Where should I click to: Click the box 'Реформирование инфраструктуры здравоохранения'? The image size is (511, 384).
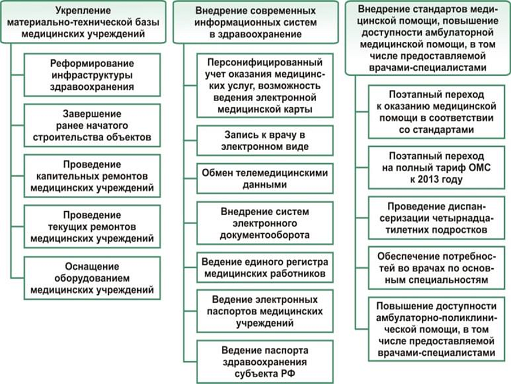pos(92,75)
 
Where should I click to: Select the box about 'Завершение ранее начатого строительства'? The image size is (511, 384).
pos(92,125)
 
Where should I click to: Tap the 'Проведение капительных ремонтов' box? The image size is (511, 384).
pos(92,176)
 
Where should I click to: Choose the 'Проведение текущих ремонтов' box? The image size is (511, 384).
pos(92,226)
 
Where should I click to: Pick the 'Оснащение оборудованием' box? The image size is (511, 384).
pos(92,278)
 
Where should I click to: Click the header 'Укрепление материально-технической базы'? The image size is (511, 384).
pos(84,22)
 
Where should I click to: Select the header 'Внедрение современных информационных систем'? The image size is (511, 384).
pos(256,22)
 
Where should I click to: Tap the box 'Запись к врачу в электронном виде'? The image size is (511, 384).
pos(265,141)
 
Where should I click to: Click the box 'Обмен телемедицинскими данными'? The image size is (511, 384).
pos(265,178)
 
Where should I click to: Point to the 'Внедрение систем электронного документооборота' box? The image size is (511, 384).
pos(265,223)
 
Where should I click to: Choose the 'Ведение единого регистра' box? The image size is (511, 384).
pos(265,268)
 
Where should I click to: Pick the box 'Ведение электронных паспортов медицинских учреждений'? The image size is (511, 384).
pos(265,311)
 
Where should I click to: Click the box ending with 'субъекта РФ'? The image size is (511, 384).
pos(265,362)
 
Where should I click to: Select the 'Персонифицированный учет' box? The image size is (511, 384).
pos(265,85)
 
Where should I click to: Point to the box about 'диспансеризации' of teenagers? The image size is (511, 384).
pos(436,218)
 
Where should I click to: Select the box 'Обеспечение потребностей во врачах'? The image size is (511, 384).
pos(436,268)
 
